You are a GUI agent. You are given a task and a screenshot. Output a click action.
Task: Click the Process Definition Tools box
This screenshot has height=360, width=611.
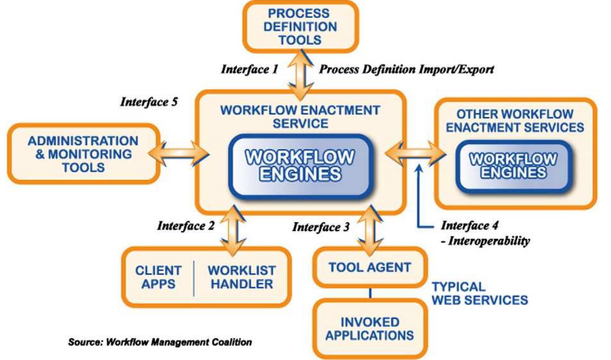(x=300, y=27)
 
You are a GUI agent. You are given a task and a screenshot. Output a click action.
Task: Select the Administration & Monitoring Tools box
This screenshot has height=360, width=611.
(x=83, y=154)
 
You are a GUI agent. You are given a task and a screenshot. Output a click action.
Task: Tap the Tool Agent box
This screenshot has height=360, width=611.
(x=369, y=268)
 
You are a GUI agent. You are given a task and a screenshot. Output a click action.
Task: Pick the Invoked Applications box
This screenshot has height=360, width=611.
(x=369, y=328)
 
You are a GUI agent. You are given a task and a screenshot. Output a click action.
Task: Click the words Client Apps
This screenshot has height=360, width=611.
(x=158, y=277)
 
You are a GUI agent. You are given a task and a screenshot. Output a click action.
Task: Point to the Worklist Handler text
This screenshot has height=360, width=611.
(x=242, y=277)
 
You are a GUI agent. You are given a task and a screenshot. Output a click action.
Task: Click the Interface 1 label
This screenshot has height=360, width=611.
(x=249, y=69)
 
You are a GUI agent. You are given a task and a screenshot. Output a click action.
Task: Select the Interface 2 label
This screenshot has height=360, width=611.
(x=186, y=225)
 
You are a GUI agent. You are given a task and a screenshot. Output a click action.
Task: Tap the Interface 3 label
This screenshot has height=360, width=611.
(x=321, y=227)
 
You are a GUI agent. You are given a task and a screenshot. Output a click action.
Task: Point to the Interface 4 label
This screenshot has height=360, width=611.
(x=469, y=225)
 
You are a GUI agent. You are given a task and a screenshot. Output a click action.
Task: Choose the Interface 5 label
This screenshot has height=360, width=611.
(x=149, y=102)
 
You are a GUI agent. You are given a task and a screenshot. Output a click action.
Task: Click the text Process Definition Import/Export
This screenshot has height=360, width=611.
(x=406, y=69)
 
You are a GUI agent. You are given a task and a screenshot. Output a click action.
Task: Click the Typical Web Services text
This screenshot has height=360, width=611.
(x=479, y=293)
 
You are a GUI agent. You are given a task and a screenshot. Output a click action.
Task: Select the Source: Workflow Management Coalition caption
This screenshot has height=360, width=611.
(x=160, y=342)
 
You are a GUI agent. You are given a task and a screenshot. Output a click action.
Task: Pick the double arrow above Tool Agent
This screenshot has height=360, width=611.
(x=370, y=231)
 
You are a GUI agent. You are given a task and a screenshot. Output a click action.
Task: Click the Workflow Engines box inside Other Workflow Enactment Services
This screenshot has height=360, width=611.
(x=513, y=165)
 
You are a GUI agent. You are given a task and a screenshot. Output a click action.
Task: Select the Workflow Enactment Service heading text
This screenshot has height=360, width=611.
(x=300, y=117)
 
